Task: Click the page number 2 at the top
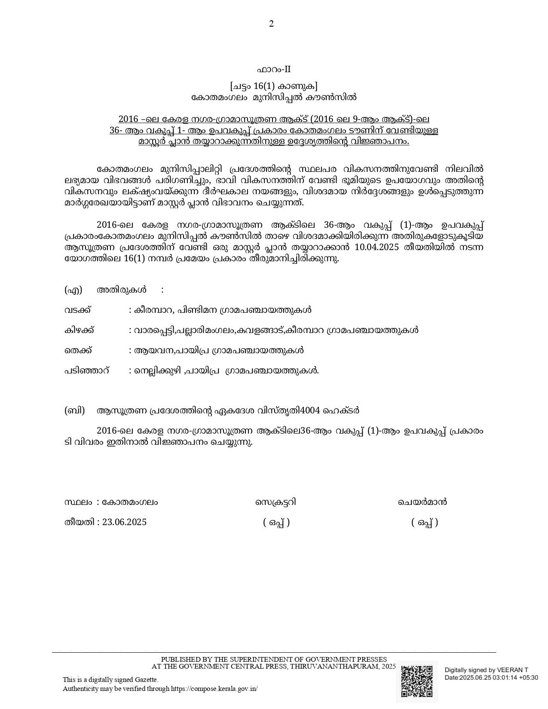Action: (x=271, y=24)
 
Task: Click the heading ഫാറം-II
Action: (x=274, y=70)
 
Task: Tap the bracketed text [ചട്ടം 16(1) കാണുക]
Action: (x=274, y=86)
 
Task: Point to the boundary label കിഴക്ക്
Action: (x=80, y=330)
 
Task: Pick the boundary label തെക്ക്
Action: (x=78, y=350)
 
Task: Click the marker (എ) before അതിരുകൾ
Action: (x=73, y=290)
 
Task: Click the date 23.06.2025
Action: (x=124, y=522)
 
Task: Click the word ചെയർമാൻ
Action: (x=422, y=502)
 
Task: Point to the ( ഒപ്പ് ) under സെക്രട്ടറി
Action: (x=276, y=523)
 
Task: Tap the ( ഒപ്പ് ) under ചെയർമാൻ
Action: (x=425, y=523)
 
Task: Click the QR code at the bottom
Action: (x=416, y=681)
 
